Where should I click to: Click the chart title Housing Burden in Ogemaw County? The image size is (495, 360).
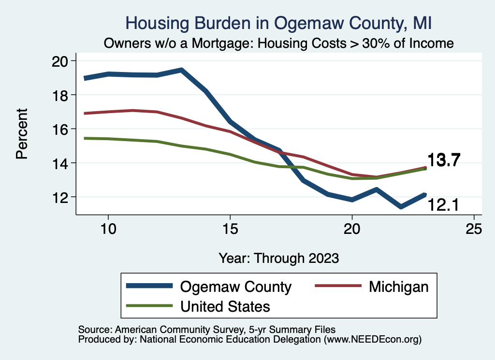[x=278, y=23]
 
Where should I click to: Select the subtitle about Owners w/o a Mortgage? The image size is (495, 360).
[x=278, y=43]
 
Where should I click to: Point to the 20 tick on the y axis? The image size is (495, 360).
[x=60, y=61]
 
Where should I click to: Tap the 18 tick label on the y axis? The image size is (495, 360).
[x=60, y=95]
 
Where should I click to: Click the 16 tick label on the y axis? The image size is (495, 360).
[x=60, y=129]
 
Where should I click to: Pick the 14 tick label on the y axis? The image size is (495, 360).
[x=60, y=163]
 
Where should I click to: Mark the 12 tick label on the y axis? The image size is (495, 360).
[x=60, y=197]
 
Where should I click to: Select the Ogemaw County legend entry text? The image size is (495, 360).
[x=235, y=287]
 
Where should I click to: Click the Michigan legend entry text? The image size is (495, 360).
[x=398, y=287]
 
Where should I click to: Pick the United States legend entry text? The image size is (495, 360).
[x=225, y=306]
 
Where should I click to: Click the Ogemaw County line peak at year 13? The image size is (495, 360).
[x=181, y=70]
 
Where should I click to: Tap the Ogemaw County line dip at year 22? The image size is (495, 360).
[x=401, y=207]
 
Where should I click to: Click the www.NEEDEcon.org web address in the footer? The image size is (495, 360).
[x=372, y=340]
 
